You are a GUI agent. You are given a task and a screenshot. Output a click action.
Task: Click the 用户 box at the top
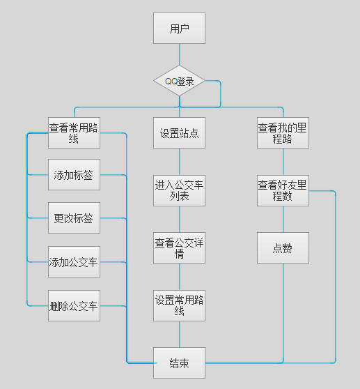click(179, 29)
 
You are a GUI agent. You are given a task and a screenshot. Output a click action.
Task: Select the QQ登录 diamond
click(179, 82)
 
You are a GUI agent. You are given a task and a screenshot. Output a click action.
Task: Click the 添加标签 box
click(74, 175)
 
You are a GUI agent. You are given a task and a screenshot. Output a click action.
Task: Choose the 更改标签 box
click(74, 218)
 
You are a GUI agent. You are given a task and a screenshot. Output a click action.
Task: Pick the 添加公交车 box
click(74, 262)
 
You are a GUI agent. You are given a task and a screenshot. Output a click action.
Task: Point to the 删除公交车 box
click(74, 305)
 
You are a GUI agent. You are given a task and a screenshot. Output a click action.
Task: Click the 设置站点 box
click(179, 133)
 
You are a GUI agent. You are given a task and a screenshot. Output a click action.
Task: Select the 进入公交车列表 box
click(179, 190)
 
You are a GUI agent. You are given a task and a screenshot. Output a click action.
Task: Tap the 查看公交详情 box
click(179, 248)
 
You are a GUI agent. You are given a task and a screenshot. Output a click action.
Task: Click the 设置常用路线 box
click(179, 305)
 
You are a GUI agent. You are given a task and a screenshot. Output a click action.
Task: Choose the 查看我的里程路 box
click(283, 133)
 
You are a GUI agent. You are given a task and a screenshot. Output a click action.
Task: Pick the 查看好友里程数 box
click(283, 190)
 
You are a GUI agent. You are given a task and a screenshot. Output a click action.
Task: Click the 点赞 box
click(283, 248)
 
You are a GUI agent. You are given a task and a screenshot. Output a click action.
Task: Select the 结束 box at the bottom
click(179, 363)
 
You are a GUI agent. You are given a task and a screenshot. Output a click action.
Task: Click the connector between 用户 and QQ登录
click(179, 55)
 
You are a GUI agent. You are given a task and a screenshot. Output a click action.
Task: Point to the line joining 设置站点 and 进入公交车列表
click(179, 162)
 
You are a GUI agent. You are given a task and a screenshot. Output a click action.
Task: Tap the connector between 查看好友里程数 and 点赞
click(283, 220)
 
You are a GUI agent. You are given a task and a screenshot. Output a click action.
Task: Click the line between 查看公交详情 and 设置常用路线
click(179, 277)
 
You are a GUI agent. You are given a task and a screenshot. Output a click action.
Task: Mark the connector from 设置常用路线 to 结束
click(179, 334)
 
